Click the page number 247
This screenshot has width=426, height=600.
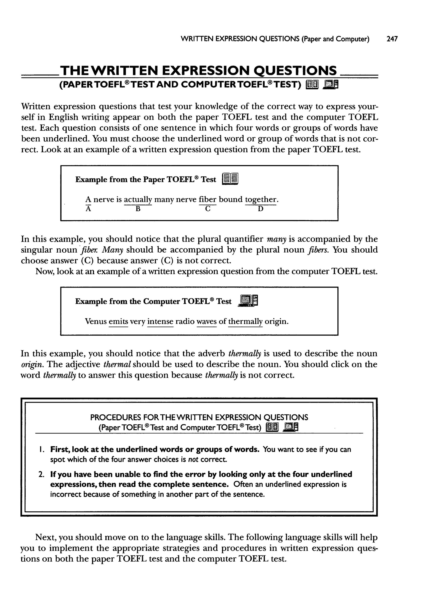392,39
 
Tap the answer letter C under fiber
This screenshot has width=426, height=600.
208,209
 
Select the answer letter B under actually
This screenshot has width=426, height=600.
138,209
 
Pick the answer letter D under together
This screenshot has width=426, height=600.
260,209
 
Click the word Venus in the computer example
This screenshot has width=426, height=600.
96,321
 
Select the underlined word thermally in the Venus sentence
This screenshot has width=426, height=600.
245,322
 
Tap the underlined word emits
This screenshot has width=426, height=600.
118,322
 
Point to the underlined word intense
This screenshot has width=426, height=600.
160,322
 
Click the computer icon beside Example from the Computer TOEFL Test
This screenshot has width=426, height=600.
248,301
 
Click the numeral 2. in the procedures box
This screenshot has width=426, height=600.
41,474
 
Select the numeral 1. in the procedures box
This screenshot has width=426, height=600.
41,449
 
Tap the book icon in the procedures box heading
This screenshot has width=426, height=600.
272,428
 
